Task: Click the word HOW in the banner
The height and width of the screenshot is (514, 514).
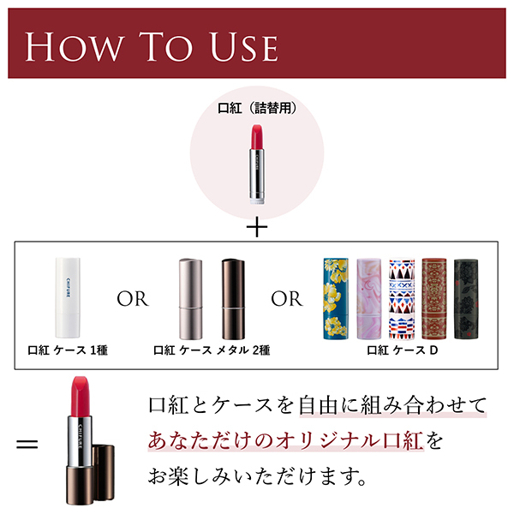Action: coord(75,47)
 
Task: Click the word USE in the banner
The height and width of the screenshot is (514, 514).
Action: coord(244,47)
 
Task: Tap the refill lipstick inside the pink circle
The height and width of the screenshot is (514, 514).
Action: coord(257,164)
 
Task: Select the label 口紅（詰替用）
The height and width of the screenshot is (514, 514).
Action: coord(257,108)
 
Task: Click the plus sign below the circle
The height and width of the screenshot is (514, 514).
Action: coord(257,226)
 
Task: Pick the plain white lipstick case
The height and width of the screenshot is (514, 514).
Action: coord(68,297)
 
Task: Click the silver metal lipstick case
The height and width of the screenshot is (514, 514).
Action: coord(190,299)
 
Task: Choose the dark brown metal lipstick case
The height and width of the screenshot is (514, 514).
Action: coord(233,299)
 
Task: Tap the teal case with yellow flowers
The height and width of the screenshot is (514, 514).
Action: coord(336,299)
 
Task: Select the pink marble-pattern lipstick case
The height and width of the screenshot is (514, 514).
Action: coord(368,299)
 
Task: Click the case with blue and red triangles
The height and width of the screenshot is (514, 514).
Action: coord(402,299)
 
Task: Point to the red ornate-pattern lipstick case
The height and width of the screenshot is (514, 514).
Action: coord(434,299)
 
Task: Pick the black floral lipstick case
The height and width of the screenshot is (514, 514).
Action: coord(466,299)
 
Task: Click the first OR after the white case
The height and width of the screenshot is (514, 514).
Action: coord(133,299)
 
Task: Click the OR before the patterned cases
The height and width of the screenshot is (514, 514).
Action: coord(287,299)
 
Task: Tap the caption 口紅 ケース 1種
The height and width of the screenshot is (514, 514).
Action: coord(68,350)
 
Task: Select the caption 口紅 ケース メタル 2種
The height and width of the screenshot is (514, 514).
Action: coord(212,350)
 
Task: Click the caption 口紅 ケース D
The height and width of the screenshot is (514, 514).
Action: coord(403,350)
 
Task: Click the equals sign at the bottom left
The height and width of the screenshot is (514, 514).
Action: coord(27,445)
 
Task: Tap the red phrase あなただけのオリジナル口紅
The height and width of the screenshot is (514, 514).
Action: coord(285,440)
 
